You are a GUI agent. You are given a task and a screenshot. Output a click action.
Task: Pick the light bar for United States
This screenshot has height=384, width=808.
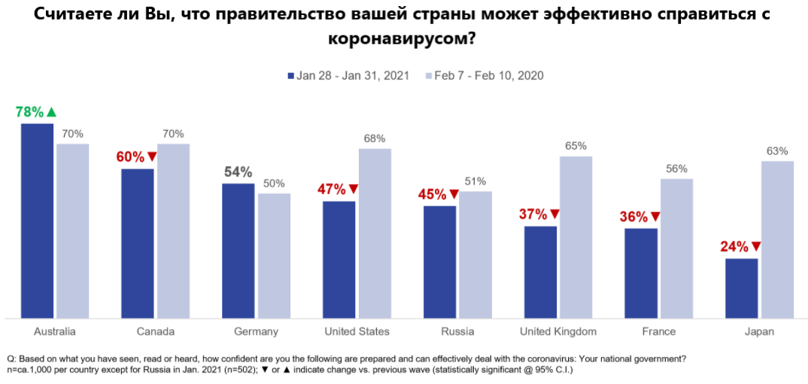point(375,233)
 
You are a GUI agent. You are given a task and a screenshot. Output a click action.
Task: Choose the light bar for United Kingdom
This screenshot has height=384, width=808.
point(576,237)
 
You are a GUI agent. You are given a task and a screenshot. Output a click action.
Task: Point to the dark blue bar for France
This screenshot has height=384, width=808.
point(640,273)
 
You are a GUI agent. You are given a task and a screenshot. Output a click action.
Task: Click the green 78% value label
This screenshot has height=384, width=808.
point(29,112)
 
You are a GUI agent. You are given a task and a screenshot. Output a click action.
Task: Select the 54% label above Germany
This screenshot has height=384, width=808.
point(238,171)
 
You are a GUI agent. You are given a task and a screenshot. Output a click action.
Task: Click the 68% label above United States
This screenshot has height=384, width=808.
point(375,138)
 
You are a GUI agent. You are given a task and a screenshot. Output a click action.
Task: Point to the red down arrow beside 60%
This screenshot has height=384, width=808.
point(151,157)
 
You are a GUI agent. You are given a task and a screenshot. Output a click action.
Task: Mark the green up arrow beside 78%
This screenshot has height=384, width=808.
point(51,112)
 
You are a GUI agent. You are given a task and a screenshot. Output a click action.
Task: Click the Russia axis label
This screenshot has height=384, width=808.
point(457,331)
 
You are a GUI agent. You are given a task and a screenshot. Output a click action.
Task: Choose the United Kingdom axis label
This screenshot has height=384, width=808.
point(558,331)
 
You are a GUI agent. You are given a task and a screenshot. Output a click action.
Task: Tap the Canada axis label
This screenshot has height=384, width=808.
point(156,331)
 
